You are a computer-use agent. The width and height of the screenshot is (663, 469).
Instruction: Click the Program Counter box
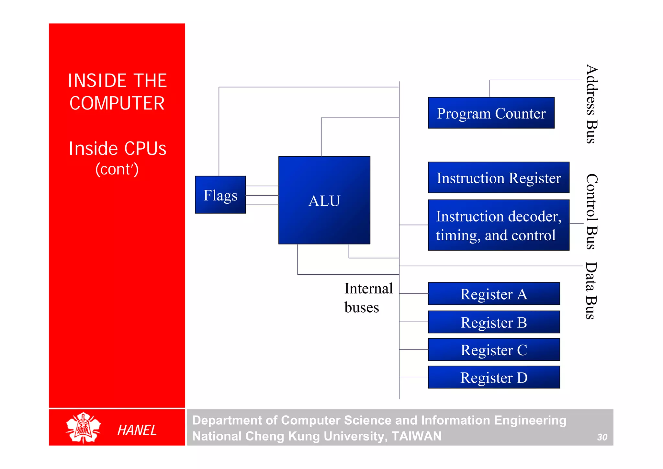pos(491,113)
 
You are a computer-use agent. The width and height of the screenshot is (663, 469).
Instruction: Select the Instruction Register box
pos(499,177)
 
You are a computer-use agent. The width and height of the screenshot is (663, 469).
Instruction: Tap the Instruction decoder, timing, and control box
pos(499,225)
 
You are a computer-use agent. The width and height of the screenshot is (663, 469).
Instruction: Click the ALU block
pos(324,200)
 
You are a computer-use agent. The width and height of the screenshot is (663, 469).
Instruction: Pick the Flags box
pos(220,195)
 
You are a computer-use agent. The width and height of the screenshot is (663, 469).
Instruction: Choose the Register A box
pos(494,294)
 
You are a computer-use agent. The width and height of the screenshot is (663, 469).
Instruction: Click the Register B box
pos(494,322)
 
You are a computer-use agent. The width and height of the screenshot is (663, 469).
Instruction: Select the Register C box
pos(494,350)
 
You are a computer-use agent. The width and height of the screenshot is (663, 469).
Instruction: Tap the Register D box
pos(494,377)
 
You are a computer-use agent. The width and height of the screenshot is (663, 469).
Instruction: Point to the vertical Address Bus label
pos(592,104)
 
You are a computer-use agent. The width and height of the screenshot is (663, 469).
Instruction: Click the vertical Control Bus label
pos(592,212)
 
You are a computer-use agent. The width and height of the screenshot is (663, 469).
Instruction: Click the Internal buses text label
pos(368,298)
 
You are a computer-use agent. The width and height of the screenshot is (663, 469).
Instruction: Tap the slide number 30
pos(602,437)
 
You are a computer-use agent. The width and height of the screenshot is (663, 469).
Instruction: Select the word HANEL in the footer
pos(137,430)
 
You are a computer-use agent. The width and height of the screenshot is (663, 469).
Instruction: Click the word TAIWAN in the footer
pos(416,436)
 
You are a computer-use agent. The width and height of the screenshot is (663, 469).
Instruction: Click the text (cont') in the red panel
pos(117,169)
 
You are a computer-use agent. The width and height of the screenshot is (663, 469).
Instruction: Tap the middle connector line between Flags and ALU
pos(262,195)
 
